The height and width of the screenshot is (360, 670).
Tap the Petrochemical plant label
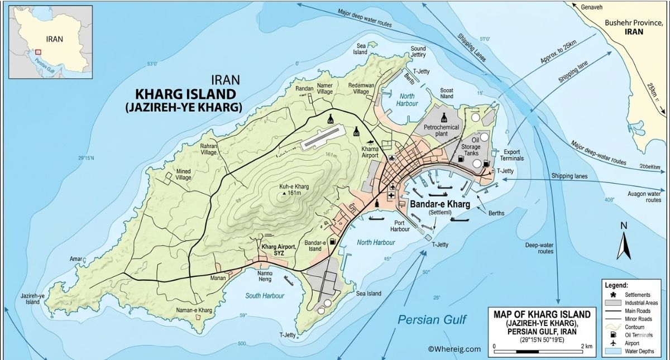(441, 131)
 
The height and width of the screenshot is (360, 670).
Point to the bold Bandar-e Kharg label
(440, 204)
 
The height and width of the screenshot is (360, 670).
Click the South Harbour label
(265, 295)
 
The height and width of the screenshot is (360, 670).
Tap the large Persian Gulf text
(432, 319)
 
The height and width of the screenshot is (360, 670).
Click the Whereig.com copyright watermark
(454, 349)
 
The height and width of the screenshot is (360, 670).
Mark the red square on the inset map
(38, 51)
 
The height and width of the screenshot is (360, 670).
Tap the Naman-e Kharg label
(198, 310)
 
